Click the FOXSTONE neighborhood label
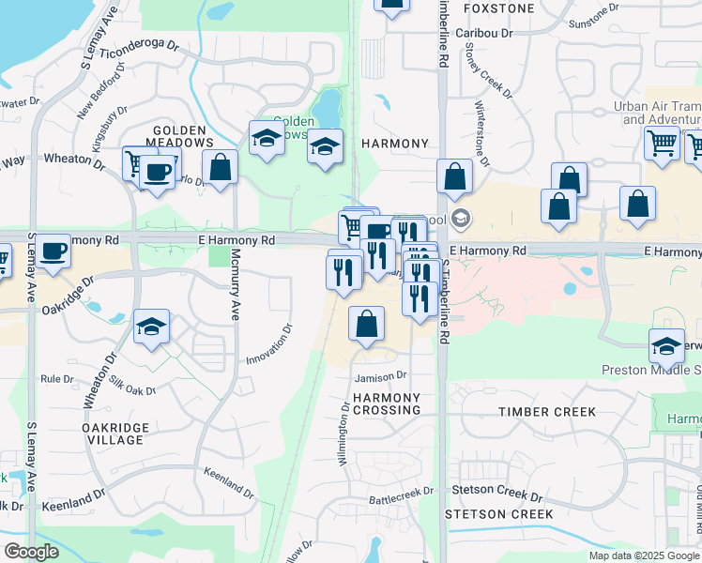click(498, 8)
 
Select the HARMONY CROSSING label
click(387, 404)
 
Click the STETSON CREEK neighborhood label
click(499, 513)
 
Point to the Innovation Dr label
click(270, 345)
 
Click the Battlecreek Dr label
click(402, 490)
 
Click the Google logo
click(31, 552)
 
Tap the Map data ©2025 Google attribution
click(644, 555)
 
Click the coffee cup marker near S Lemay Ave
click(53, 251)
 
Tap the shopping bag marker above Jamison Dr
click(366, 324)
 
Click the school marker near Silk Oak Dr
click(151, 327)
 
